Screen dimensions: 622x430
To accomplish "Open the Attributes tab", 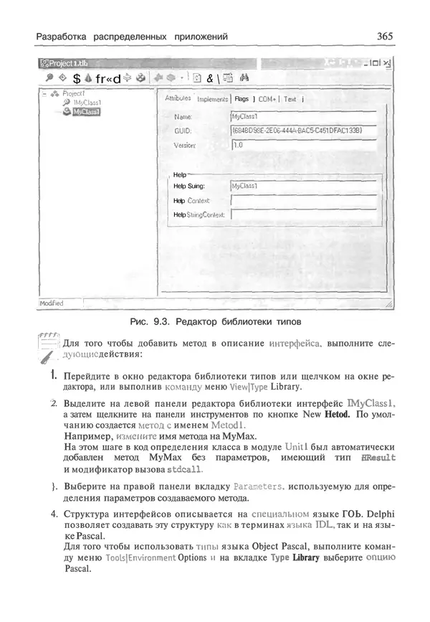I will pos(178,98).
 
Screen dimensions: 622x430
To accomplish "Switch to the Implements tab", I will pos(212,99).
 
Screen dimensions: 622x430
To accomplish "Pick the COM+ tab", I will pos(267,99).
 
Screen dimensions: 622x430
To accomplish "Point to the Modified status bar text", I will pos(52,303).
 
